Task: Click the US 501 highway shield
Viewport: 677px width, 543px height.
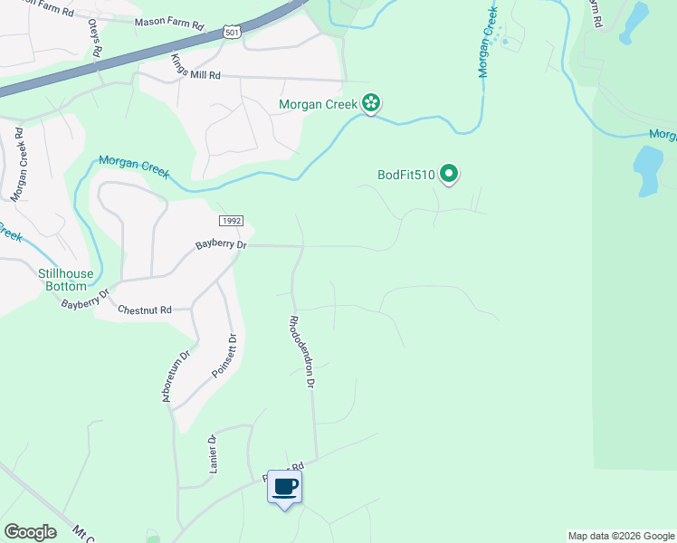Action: [233, 33]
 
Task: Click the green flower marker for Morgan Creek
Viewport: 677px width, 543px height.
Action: [370, 104]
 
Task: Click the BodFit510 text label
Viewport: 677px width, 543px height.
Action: [406, 175]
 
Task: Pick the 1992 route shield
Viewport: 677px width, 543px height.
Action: [231, 222]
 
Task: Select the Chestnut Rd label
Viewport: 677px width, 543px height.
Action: [145, 310]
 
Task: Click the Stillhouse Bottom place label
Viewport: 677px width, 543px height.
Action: [66, 279]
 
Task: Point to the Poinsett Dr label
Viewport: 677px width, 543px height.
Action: [223, 356]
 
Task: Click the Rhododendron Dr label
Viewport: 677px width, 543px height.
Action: [300, 351]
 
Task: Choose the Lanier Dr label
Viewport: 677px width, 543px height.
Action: [214, 453]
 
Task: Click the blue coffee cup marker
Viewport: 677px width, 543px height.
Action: [284, 488]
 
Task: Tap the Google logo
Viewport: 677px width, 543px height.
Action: [30, 532]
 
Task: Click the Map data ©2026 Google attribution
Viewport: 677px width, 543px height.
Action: [621, 536]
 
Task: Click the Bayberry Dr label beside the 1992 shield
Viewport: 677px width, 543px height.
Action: [221, 245]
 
